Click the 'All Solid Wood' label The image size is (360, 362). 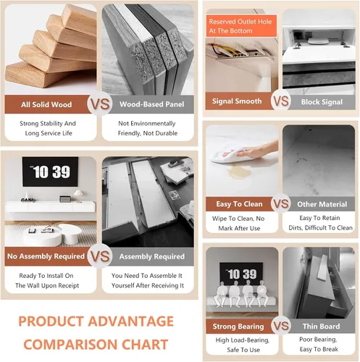pos(46,104)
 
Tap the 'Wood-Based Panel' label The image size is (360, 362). pos(151,104)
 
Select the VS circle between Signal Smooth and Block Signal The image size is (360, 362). pos(280,101)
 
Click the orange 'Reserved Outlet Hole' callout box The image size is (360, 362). pos(241,26)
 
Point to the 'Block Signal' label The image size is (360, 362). pos(322,102)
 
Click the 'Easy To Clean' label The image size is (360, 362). pos(239,204)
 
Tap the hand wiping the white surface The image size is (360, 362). pos(250,151)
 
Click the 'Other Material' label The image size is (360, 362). pos(322,204)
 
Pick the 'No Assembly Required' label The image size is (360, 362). pos(46,256)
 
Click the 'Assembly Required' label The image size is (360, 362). pos(152,256)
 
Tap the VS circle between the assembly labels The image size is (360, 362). pos(100,256)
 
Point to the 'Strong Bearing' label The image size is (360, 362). pos(238,327)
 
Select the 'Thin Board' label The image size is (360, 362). pos(321,327)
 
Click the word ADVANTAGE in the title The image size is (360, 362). pos(130,321)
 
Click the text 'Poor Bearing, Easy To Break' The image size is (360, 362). pos(319,345)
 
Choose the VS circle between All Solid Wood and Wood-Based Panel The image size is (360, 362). pos(100,104)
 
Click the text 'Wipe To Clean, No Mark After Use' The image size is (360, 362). pos(238,223)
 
